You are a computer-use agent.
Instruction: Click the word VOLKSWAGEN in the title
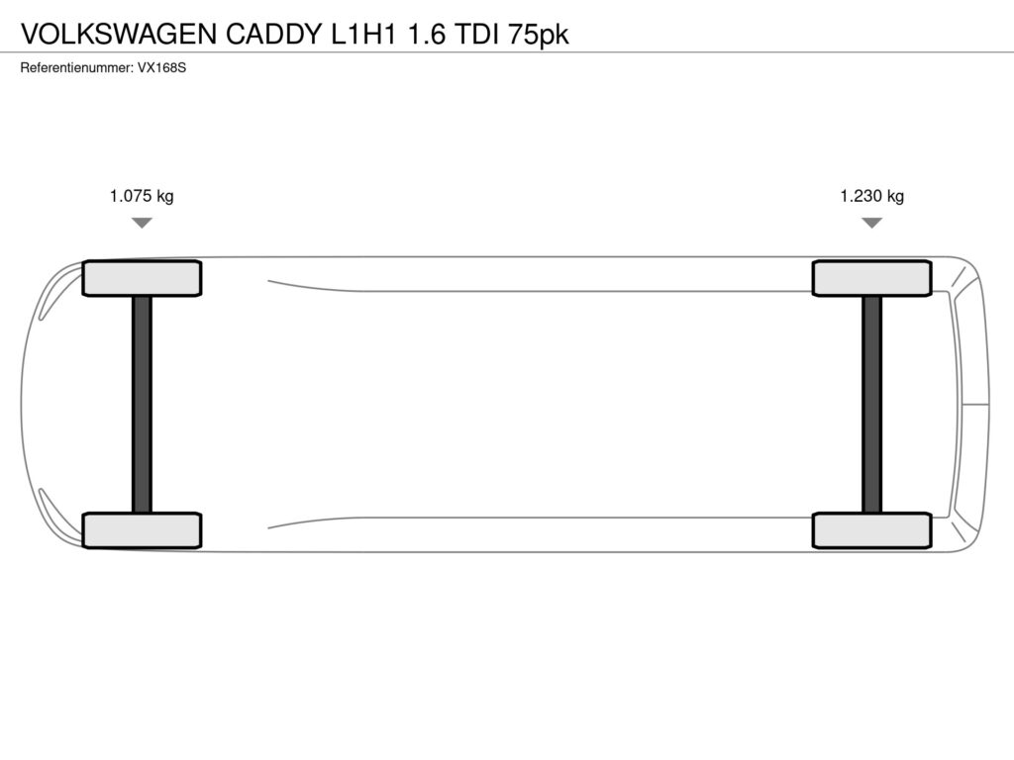[x=119, y=35]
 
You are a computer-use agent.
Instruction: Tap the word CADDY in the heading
[x=274, y=35]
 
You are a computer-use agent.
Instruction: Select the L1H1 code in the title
[x=363, y=35]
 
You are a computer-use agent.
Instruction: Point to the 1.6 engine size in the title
[x=426, y=35]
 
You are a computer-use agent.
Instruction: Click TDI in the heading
[x=476, y=35]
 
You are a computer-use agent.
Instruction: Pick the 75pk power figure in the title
[x=538, y=35]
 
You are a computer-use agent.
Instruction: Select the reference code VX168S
[x=161, y=68]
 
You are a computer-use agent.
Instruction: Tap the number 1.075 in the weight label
[x=131, y=196]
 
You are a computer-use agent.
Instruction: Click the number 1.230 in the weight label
[x=861, y=196]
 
